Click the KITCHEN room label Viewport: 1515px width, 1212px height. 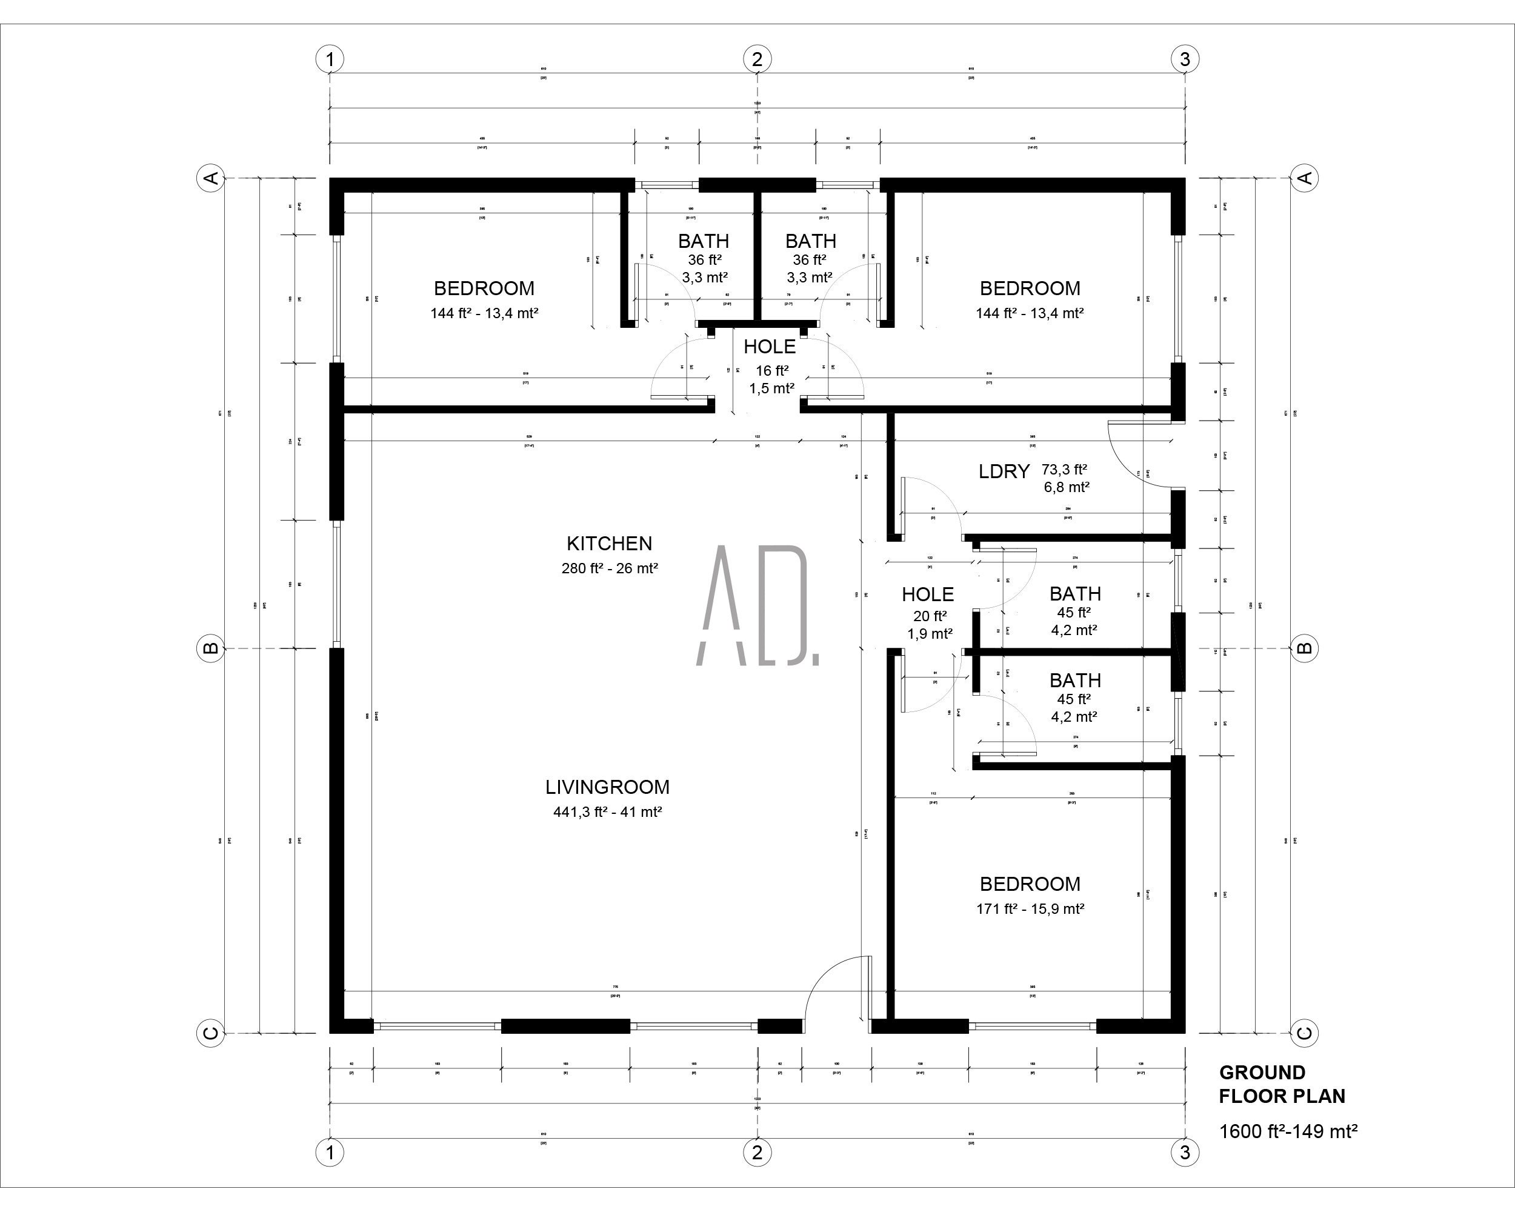(x=609, y=543)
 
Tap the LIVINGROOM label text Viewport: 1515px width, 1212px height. (x=607, y=787)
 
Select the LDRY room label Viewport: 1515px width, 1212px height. (x=1004, y=471)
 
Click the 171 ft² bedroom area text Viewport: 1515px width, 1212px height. (x=1030, y=908)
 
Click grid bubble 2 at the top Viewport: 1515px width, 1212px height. (x=757, y=59)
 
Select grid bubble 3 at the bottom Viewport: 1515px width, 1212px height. (x=1185, y=1152)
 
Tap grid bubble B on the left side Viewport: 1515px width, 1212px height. (x=210, y=648)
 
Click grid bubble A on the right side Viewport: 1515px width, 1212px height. (x=1305, y=178)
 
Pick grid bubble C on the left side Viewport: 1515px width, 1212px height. (x=210, y=1033)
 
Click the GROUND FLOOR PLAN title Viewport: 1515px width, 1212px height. (x=1282, y=1084)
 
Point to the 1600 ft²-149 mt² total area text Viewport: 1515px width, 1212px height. (x=1287, y=1131)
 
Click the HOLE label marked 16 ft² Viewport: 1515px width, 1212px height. (x=770, y=347)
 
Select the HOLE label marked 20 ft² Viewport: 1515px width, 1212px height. (x=928, y=594)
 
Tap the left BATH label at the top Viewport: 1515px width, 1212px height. (x=704, y=241)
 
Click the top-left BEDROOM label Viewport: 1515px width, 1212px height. (x=484, y=288)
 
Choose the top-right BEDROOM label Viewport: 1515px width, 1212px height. (x=1030, y=288)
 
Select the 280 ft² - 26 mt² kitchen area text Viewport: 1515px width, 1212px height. (x=609, y=568)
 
